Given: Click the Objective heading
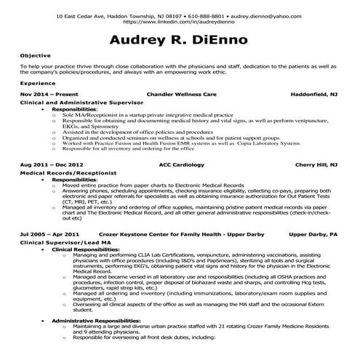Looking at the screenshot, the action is point(35,55).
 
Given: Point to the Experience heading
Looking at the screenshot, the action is point(37,84).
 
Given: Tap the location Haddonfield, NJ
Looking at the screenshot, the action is point(313,95).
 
